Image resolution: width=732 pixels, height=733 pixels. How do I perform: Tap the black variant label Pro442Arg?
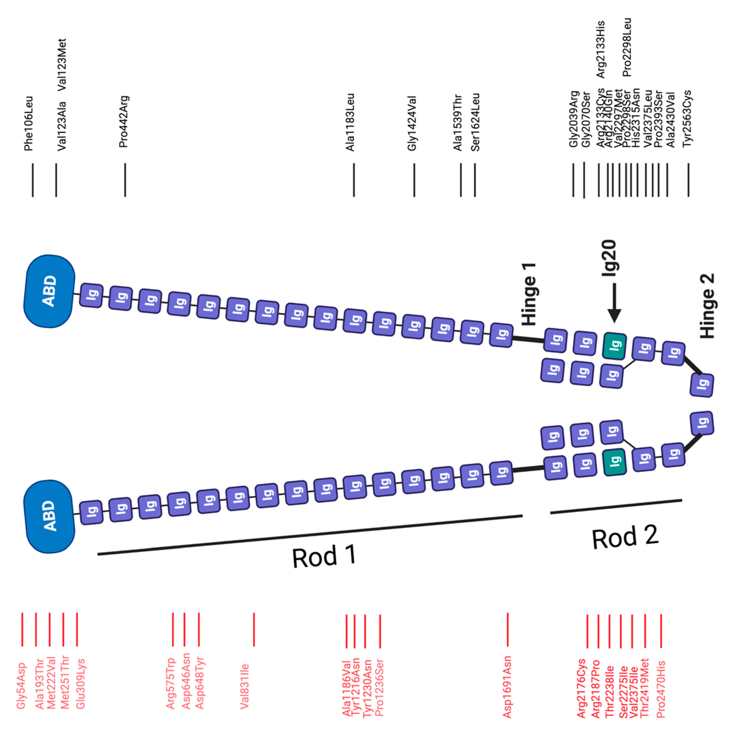point(124,121)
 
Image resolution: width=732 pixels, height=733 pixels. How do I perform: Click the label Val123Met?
point(62,65)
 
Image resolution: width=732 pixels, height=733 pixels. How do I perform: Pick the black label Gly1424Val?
point(412,123)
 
